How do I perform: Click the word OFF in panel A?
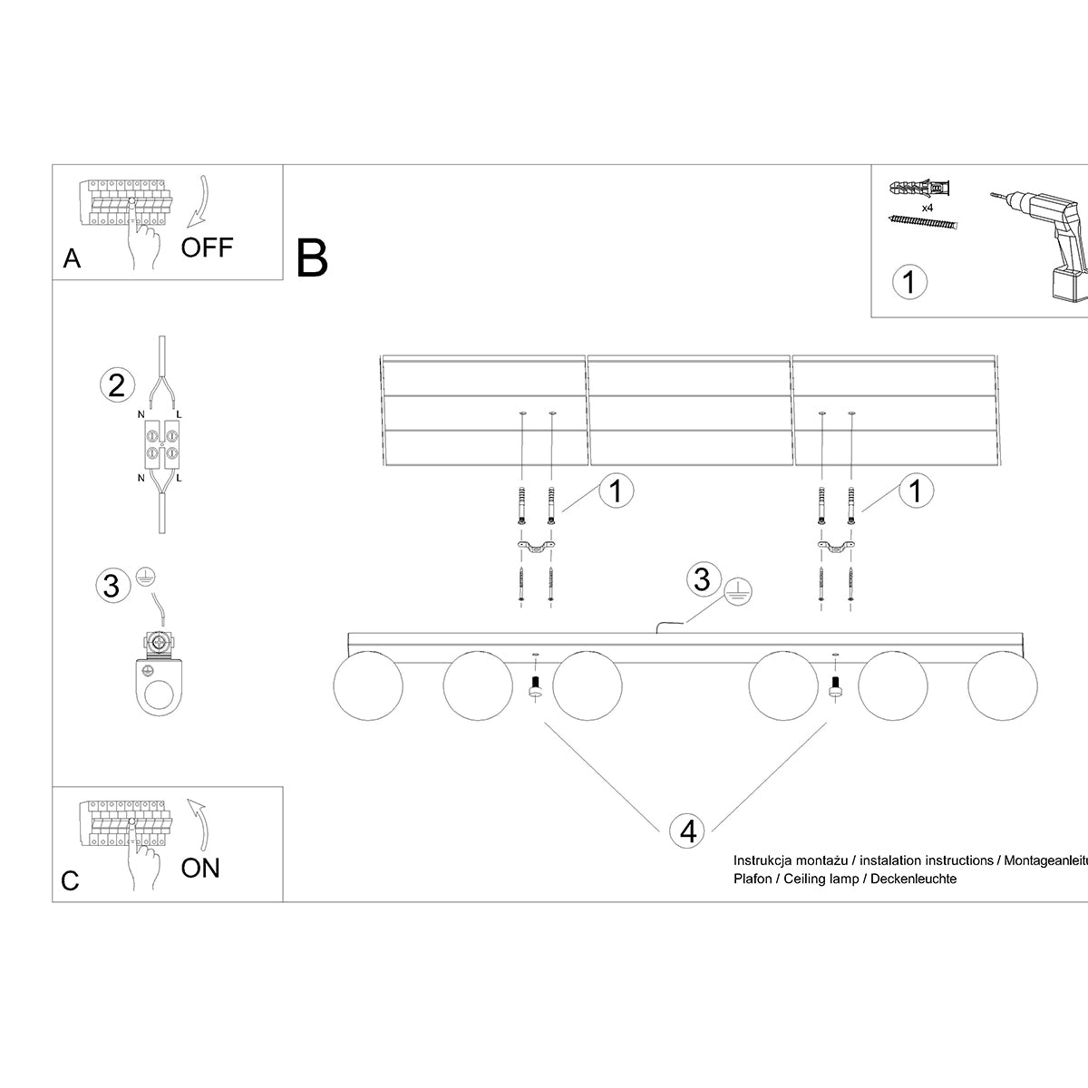pos(207,247)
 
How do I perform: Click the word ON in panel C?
pos(200,868)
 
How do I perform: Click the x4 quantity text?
pos(928,208)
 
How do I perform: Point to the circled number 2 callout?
pos(116,385)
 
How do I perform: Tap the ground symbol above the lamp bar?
pos(738,592)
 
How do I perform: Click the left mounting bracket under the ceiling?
pos(536,546)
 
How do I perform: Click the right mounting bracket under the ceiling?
pos(836,546)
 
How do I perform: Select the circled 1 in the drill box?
pos(909,282)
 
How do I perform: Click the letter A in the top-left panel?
pos(73,259)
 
